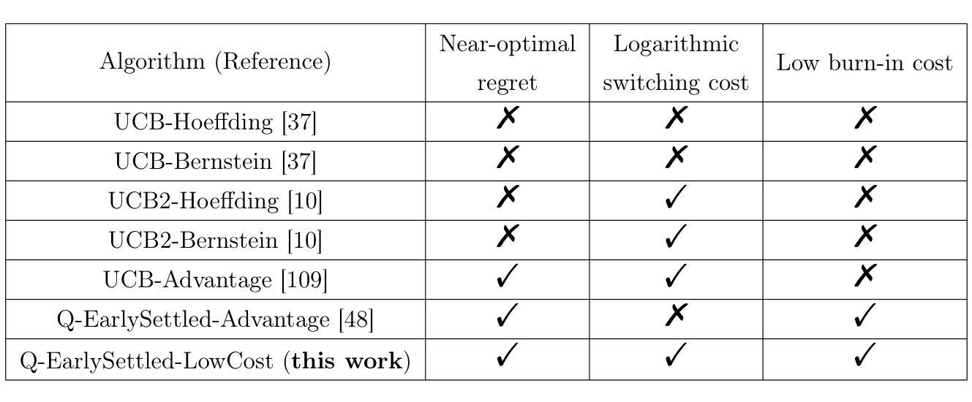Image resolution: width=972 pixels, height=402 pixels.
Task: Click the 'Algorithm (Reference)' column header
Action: [x=215, y=61]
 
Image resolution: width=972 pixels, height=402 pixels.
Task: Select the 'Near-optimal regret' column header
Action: [x=508, y=63]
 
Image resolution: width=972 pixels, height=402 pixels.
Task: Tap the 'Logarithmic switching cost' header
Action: [x=676, y=63]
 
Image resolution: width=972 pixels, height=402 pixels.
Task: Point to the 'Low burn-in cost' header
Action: [x=864, y=63]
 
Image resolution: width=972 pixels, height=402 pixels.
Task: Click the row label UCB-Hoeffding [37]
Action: [x=215, y=122]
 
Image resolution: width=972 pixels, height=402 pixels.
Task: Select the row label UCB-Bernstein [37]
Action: [x=215, y=162]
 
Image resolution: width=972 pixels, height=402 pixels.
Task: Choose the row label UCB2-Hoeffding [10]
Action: [x=215, y=201]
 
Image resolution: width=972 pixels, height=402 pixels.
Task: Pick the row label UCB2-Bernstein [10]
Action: [x=215, y=240]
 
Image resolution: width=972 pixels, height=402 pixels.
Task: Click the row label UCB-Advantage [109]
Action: [x=215, y=280]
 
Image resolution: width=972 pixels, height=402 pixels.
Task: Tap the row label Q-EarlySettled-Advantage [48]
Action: [x=215, y=319]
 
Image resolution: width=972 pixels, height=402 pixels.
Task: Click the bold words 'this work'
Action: [x=347, y=361]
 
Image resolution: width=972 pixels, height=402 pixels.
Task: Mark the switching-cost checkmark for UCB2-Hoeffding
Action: [x=676, y=197]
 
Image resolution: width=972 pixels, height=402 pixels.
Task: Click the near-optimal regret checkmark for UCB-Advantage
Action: [x=508, y=276]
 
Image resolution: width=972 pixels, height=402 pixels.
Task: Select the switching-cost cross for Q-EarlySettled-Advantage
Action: [x=676, y=314]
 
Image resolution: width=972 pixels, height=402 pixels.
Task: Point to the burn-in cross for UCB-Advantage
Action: [x=865, y=276]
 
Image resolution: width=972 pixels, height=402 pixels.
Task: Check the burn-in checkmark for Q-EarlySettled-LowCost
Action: [x=865, y=355]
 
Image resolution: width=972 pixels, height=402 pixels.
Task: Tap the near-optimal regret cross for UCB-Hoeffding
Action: [x=508, y=118]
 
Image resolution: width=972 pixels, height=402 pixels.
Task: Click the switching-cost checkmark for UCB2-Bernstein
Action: [x=676, y=236]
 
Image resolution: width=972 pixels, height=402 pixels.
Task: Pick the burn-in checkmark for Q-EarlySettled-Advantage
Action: [x=865, y=315]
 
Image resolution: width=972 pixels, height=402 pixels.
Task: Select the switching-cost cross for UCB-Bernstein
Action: [x=676, y=156]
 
